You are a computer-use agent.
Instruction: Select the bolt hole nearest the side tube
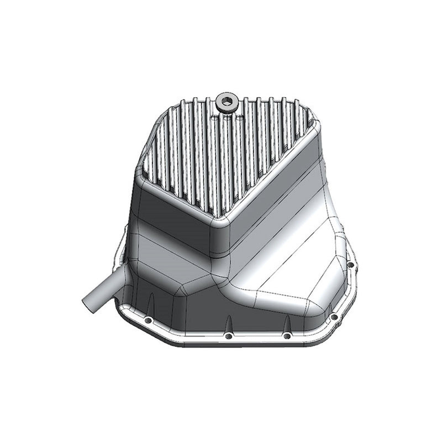(148, 321)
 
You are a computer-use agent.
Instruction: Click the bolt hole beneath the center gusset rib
(228, 335)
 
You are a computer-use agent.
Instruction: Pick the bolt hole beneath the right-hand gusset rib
(286, 336)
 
